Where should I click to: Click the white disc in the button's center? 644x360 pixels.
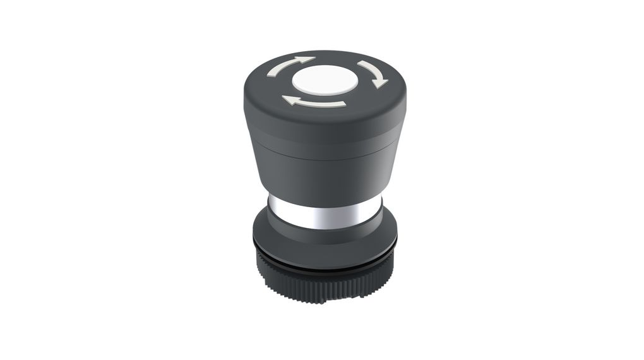click(x=325, y=81)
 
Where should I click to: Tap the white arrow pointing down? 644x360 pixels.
click(x=373, y=74)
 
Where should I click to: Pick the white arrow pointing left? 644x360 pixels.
click(x=313, y=101)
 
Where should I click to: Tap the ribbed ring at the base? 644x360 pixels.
click(x=325, y=278)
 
